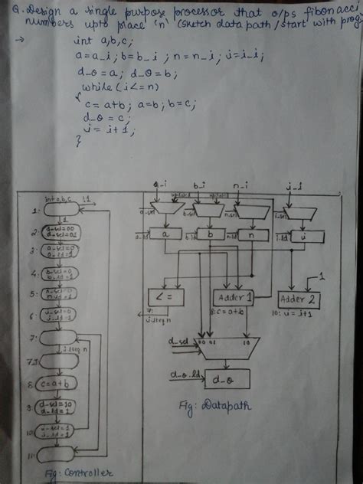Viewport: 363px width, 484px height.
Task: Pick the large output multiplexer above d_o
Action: pos(227,346)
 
